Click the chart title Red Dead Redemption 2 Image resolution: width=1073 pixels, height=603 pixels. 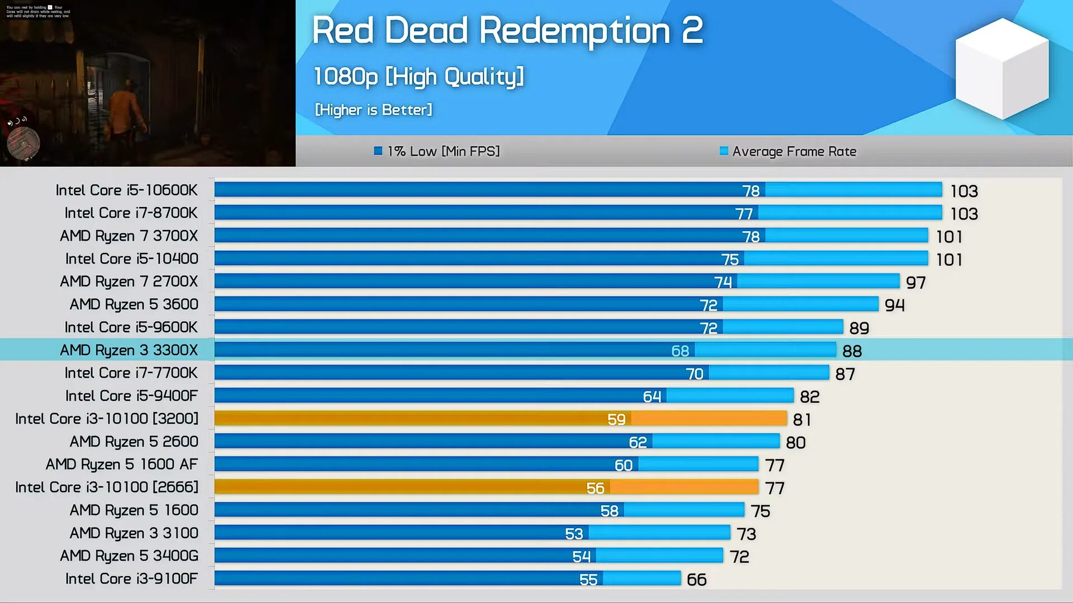(x=507, y=31)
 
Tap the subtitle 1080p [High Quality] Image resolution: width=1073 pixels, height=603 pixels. (x=418, y=76)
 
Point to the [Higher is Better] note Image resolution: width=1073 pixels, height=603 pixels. (x=373, y=109)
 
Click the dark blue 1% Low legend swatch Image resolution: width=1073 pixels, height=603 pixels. (x=378, y=151)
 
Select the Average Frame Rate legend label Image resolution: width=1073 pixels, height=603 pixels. (x=794, y=151)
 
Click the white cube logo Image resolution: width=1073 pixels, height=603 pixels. (x=1002, y=68)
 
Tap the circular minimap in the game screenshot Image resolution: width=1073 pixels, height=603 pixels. (x=23, y=143)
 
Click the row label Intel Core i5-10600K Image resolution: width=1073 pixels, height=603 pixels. (x=126, y=190)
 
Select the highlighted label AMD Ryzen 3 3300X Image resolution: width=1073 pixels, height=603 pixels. (x=129, y=350)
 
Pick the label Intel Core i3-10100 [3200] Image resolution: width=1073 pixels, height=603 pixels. (x=107, y=419)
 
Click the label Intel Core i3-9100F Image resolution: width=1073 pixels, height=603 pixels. (x=131, y=579)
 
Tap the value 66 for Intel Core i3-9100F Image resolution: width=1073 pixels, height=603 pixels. (x=696, y=580)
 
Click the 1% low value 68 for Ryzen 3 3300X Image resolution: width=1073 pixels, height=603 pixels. (x=680, y=351)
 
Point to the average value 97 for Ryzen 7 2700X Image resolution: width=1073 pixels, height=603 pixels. (x=915, y=283)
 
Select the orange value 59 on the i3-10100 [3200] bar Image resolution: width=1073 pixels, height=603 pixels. (x=616, y=419)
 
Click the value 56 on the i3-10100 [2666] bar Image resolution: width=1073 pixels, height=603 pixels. (x=595, y=488)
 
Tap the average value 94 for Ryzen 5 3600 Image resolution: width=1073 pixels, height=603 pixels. (x=894, y=305)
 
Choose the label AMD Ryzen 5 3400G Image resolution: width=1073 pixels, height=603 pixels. (x=129, y=556)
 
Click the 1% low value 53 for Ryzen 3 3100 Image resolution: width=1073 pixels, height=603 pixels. (x=574, y=534)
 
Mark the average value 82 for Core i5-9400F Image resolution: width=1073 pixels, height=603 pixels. (x=809, y=396)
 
